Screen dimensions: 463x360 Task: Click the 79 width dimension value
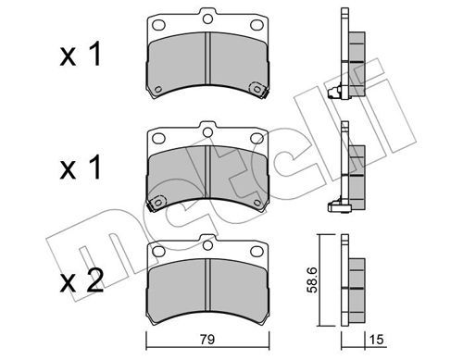(207, 340)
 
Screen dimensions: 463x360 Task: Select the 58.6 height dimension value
(312, 280)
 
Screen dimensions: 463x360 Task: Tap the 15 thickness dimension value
(376, 340)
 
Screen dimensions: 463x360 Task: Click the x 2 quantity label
(81, 280)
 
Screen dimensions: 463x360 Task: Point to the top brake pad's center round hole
(207, 19)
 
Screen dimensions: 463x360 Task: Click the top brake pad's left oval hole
(159, 24)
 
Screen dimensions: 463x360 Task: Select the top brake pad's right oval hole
(257, 25)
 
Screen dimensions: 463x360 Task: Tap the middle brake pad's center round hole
(207, 132)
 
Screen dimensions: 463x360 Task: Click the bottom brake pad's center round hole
(207, 245)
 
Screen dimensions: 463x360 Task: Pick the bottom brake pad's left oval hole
(159, 251)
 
